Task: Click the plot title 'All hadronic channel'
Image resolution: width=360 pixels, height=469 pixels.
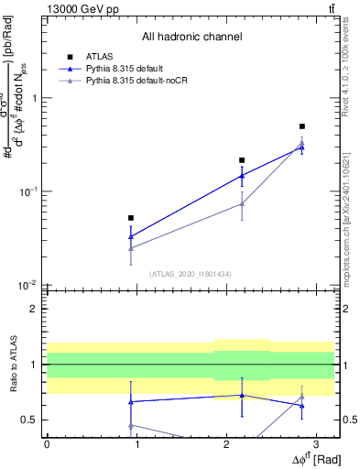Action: [x=191, y=38]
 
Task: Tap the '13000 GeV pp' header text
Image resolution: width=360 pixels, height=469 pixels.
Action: [x=77, y=7]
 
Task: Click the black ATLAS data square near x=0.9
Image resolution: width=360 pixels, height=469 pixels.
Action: [x=131, y=218]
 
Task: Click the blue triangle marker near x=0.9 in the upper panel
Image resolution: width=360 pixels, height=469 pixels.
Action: [x=131, y=236]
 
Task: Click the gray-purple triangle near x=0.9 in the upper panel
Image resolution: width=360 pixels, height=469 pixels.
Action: [x=131, y=247]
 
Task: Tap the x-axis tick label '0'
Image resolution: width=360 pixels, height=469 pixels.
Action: [x=47, y=443]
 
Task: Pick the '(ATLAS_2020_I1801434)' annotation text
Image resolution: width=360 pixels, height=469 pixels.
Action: [x=190, y=274]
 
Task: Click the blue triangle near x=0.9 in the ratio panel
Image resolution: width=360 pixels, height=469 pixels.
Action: [x=131, y=401]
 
